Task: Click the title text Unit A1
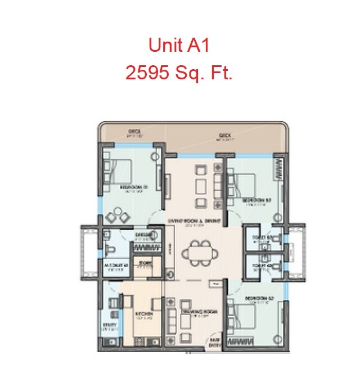pyautogui.click(x=179, y=46)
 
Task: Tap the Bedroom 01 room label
pyautogui.click(x=133, y=187)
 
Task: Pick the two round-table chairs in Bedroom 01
pyautogui.click(x=118, y=215)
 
